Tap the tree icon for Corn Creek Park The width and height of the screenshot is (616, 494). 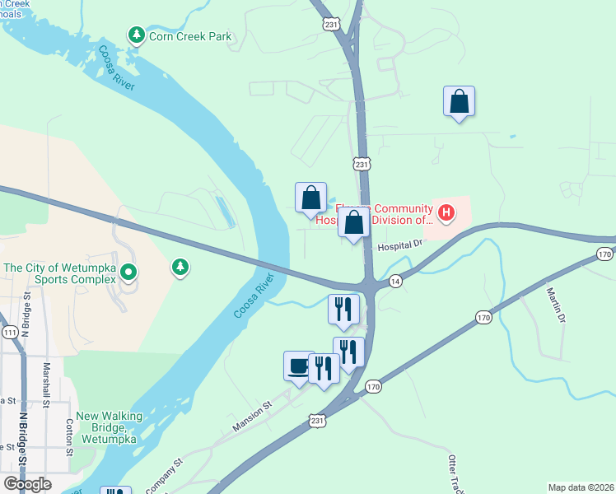136,35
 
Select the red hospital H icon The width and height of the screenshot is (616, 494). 446,213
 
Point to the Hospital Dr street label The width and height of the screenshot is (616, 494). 400,245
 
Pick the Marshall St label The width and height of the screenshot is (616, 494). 46,386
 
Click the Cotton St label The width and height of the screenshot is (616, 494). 68,436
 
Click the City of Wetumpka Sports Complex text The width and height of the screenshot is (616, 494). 59,273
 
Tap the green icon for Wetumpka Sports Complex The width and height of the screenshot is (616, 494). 128,270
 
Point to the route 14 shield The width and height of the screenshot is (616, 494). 395,281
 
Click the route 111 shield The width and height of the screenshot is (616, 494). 10,333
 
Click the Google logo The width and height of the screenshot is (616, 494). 27,484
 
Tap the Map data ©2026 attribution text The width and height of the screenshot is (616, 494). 581,487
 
